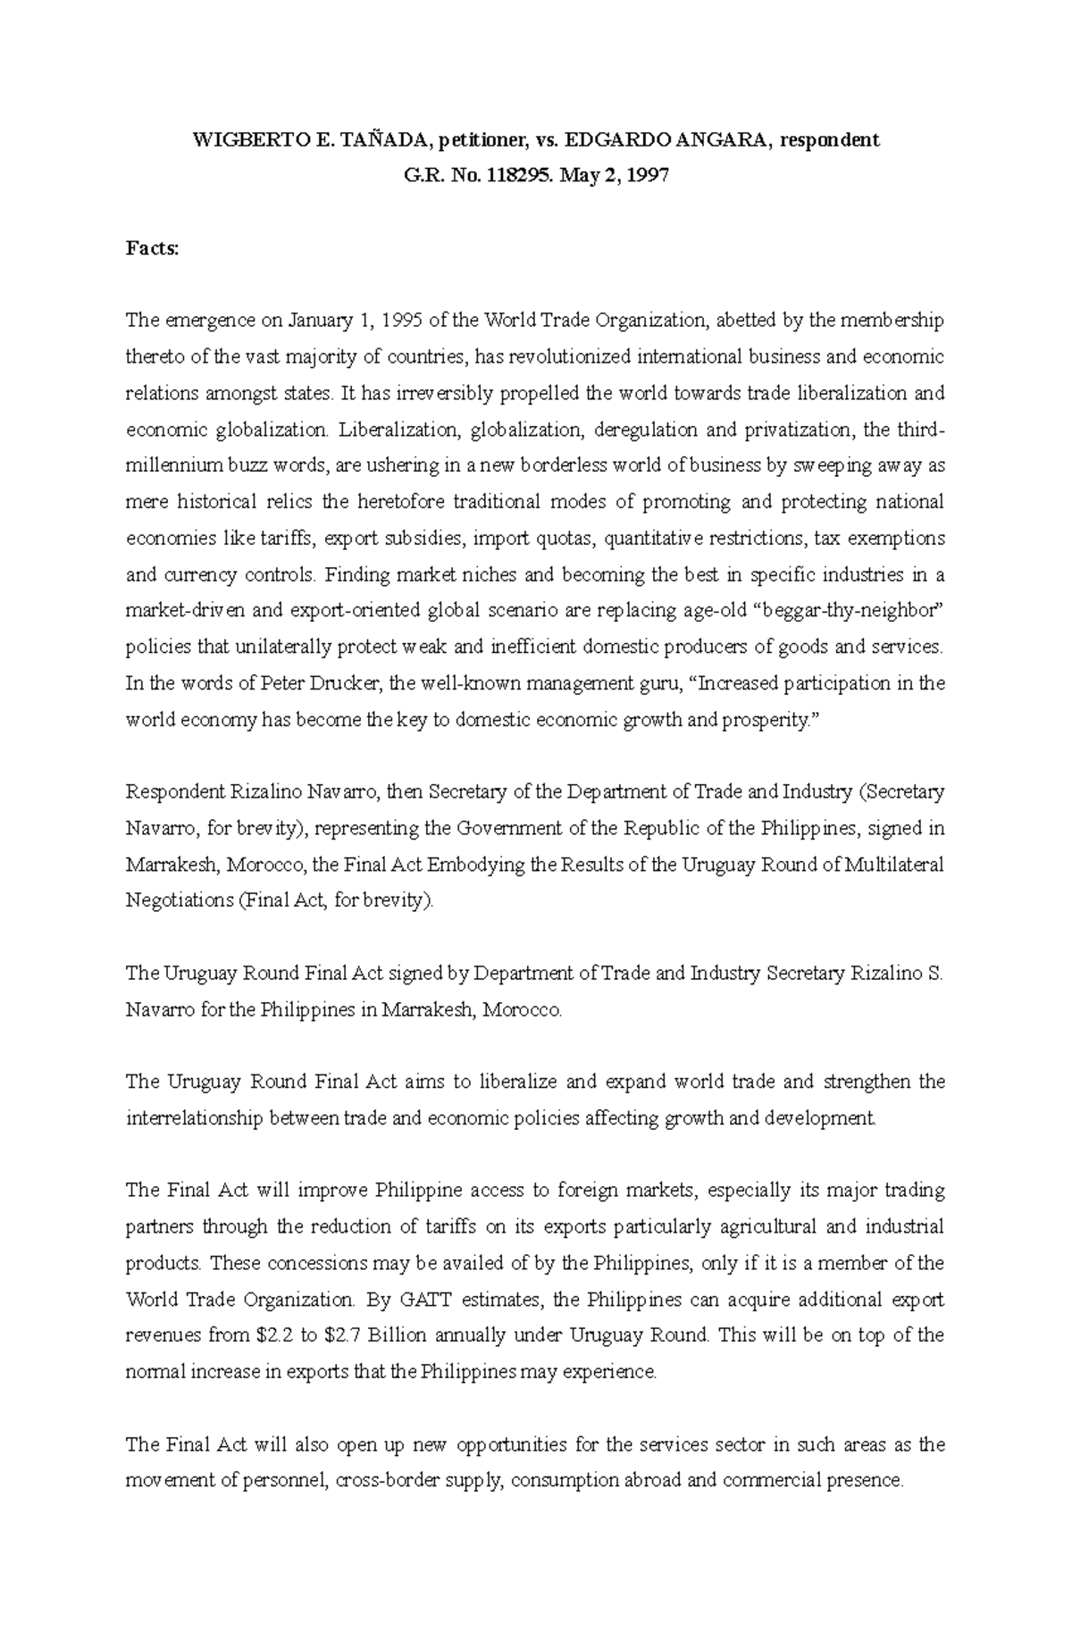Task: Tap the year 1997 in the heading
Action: (647, 176)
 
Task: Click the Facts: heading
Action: (152, 249)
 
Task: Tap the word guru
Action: (666, 683)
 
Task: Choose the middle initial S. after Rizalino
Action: (934, 974)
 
